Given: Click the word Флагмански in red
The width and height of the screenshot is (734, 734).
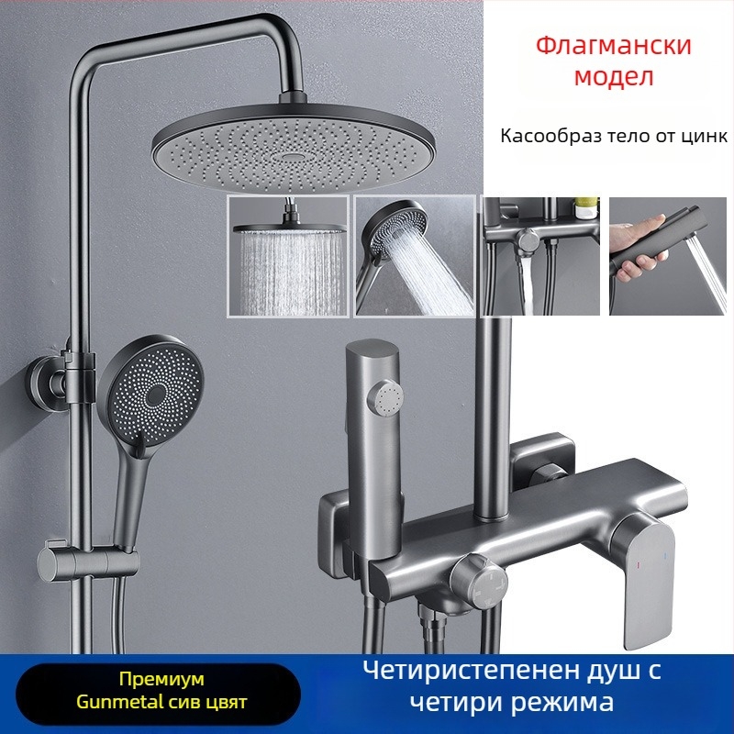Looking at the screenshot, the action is point(613,45).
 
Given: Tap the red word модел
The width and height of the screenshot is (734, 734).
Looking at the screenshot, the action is point(613,76).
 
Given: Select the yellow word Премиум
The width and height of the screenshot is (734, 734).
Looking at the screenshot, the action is point(161,679).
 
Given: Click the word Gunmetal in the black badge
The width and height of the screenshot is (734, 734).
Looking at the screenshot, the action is point(117,702).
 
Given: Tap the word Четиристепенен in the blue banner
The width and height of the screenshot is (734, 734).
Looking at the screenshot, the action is point(471,671).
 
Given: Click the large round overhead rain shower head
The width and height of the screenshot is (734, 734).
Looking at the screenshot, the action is point(293,146).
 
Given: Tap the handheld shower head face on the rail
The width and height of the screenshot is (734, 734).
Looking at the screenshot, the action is point(150,386).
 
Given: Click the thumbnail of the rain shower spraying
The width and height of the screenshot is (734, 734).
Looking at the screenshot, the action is point(288,256).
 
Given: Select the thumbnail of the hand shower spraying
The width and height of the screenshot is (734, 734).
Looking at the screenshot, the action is point(415,256).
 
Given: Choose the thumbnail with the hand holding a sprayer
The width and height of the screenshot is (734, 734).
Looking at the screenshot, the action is point(668,256).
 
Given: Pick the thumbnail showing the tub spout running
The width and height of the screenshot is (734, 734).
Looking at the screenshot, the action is point(541,256).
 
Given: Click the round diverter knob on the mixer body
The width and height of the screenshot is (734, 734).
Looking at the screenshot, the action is point(478,582).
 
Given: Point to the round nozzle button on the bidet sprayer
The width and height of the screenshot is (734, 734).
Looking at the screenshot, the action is point(385,398).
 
